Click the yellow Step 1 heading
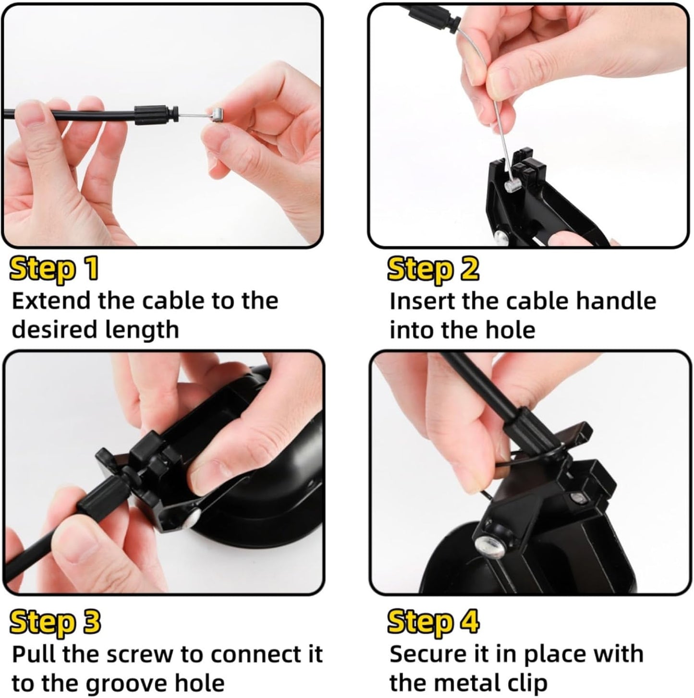54,269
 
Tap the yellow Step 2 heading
433,269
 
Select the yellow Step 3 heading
55,622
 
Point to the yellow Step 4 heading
433,622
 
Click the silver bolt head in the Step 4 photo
488,545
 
